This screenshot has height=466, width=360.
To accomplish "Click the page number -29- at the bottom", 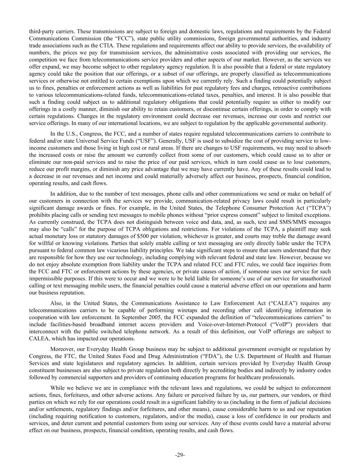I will tap(180, 455).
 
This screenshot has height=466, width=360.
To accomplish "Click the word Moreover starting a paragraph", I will tap(61, 349).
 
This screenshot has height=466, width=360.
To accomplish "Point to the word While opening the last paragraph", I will tap(58, 388).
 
